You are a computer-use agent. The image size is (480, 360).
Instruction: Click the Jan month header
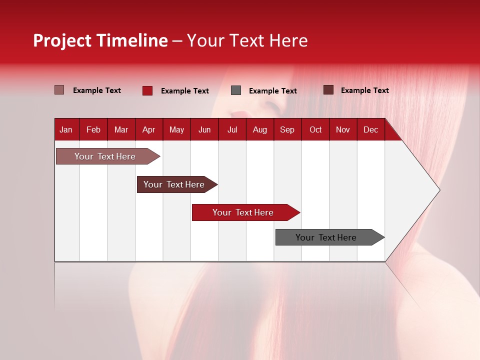66,129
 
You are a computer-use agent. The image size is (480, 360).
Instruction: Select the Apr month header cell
149,129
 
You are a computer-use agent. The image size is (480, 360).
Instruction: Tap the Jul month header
232,129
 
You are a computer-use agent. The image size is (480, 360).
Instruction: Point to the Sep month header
287,129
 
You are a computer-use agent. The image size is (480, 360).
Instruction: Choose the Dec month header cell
370,129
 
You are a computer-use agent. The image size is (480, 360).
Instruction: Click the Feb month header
93,129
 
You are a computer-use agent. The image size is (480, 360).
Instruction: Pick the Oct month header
315,129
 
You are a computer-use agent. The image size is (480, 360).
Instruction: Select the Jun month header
204,129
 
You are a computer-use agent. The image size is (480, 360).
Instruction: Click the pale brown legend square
59,90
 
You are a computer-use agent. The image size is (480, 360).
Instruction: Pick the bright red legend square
147,90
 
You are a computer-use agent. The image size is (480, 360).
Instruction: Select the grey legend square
236,90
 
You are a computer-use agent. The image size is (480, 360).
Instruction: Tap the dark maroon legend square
328,90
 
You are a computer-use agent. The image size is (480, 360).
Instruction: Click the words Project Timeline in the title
100,40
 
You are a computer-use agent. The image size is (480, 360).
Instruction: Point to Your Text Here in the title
247,40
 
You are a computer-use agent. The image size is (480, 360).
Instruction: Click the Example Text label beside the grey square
272,90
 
